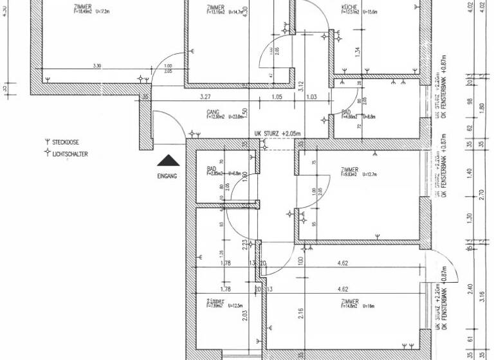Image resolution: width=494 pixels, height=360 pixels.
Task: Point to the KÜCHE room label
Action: (349, 6)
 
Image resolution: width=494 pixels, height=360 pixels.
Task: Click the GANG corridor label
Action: (214, 111)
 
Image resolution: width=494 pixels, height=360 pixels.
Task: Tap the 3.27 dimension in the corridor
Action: (206, 96)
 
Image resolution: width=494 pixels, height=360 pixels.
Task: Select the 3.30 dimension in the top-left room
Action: (98, 66)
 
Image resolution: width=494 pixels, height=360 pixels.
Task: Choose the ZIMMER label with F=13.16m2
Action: (215, 6)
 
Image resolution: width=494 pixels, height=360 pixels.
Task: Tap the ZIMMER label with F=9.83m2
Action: (350, 169)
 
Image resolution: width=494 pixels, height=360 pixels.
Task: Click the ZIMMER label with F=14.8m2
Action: (350, 301)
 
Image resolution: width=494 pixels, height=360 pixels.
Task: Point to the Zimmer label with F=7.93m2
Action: (215, 301)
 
